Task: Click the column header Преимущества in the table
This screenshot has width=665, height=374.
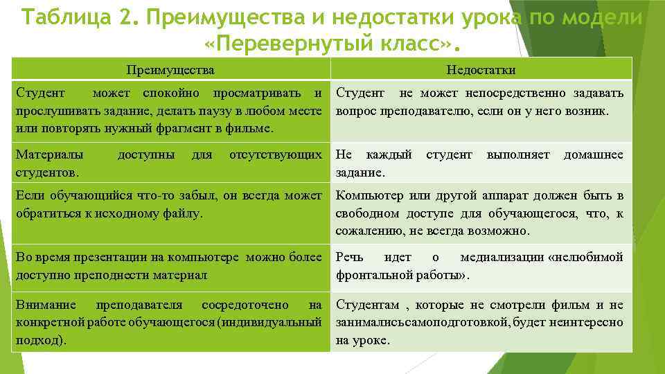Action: (170, 70)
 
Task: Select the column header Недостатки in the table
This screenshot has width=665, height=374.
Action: (481, 70)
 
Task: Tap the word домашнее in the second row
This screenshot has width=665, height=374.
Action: (593, 154)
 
